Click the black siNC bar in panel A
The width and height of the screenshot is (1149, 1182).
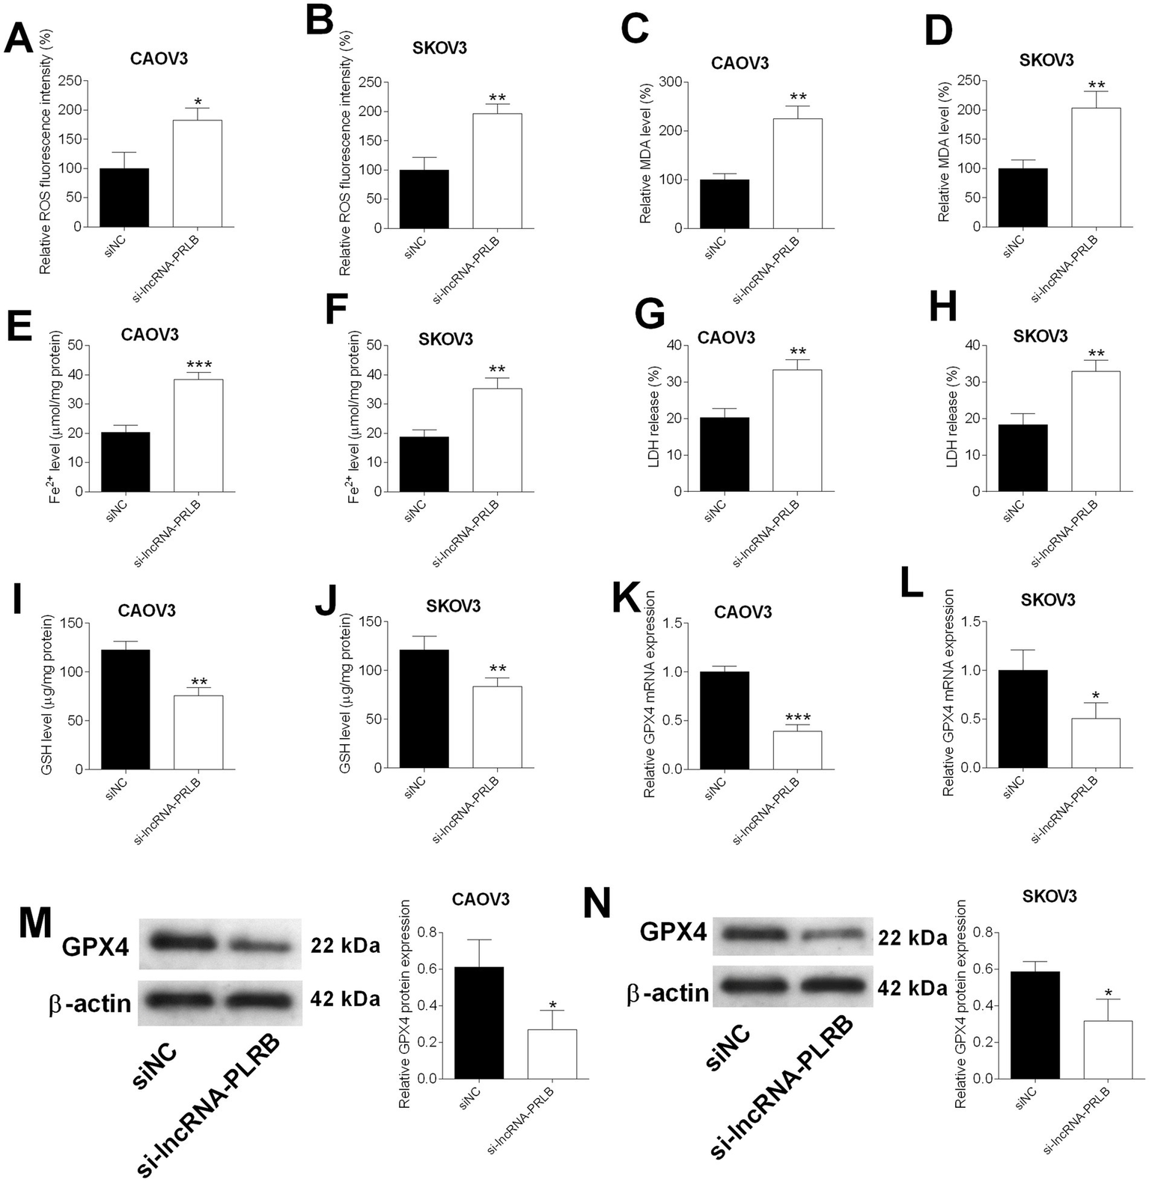click(x=124, y=198)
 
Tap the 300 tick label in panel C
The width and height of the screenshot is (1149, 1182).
click(x=671, y=82)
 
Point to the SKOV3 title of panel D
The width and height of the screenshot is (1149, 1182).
click(x=1046, y=60)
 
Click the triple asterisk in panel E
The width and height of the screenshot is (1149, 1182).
click(x=198, y=365)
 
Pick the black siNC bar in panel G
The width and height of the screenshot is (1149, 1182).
click(x=725, y=454)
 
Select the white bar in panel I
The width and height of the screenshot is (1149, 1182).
click(x=198, y=732)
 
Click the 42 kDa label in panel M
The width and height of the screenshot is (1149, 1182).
click(x=345, y=998)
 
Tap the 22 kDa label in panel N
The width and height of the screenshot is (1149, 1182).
click(x=912, y=938)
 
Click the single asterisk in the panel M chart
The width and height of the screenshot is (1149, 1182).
click(x=552, y=1005)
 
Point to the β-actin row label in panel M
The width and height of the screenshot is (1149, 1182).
click(x=90, y=1003)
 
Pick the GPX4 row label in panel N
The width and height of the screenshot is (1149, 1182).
click(x=673, y=933)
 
